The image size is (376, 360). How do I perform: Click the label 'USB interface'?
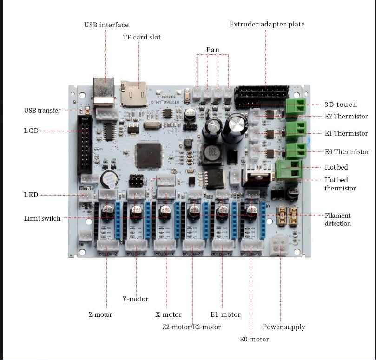tap(106, 25)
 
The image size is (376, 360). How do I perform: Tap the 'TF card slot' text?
tap(141, 37)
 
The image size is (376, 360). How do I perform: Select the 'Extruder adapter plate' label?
tap(267, 24)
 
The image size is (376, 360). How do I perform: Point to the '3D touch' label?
tap(341, 105)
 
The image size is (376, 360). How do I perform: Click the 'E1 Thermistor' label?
tap(346, 133)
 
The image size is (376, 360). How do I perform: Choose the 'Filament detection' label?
tap(337, 219)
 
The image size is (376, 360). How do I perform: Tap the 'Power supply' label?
tap(284, 327)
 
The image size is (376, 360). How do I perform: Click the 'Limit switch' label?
tap(42, 218)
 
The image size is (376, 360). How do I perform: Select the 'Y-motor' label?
tap(135, 299)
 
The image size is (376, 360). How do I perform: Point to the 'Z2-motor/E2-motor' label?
tap(191, 327)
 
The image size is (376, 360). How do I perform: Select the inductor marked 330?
tap(209, 153)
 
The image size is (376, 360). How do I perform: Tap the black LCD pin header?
tap(85, 144)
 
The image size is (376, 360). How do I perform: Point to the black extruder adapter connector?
tap(262, 97)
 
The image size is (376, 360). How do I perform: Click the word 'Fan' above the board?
tap(212, 50)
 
